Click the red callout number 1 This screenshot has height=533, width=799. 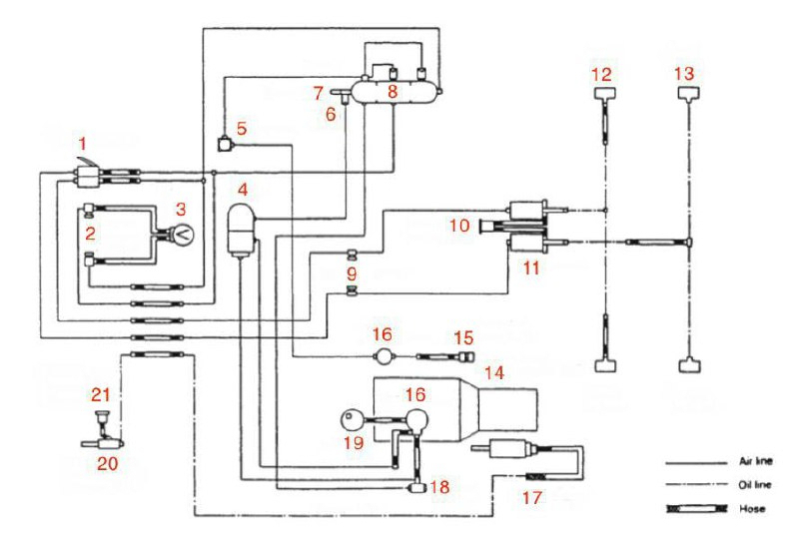pyautogui.click(x=83, y=143)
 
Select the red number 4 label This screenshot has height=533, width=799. pyautogui.click(x=242, y=186)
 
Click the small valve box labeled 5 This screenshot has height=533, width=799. pyautogui.click(x=226, y=145)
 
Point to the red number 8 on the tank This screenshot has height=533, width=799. pyautogui.click(x=393, y=92)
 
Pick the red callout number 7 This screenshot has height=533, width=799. pyautogui.click(x=317, y=93)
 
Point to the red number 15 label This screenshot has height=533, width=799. pyautogui.click(x=461, y=338)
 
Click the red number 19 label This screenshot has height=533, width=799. pyautogui.click(x=351, y=441)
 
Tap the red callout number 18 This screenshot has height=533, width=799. pyautogui.click(x=439, y=486)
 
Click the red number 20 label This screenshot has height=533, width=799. pyautogui.click(x=104, y=463)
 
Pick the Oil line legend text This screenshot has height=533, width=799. pyautogui.click(x=753, y=485)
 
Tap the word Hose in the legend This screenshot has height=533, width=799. pyautogui.click(x=752, y=509)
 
